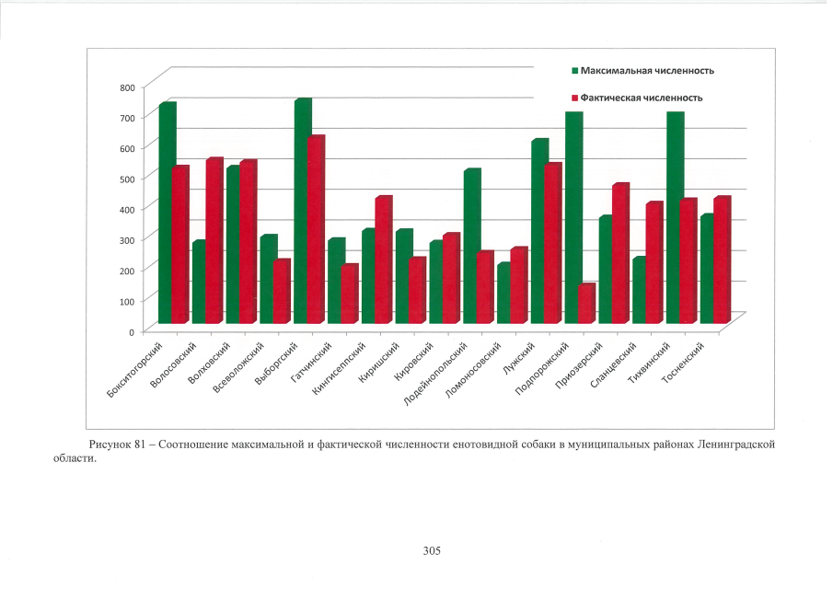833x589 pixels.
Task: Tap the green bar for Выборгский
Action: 302,212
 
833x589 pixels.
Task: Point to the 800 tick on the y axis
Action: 126,87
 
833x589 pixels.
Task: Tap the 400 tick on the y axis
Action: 126,209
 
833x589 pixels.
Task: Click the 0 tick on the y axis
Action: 132,330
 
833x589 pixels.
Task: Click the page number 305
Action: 433,550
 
